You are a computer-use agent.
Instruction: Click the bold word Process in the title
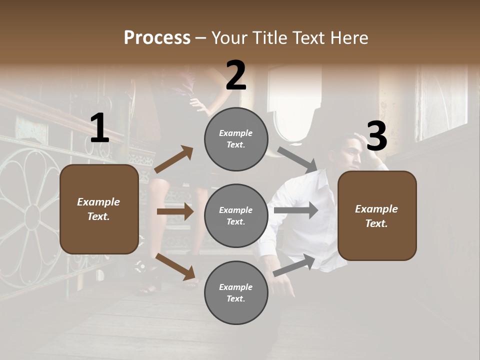point(157,38)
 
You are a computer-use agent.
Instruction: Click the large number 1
point(99,128)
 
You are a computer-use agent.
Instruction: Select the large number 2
point(236,75)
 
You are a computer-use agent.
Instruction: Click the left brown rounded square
point(99,209)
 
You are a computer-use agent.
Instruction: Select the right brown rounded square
point(377,215)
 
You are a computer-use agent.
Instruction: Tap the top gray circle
point(236,139)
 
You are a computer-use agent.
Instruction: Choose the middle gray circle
point(236,215)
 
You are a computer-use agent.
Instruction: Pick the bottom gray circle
point(236,292)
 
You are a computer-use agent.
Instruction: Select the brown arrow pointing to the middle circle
point(175,212)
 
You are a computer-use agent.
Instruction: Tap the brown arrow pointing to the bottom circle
point(175,266)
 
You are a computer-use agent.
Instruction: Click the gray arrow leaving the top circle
point(297,159)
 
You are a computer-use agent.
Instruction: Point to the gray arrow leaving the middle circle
point(295,210)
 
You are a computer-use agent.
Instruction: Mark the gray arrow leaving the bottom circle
point(294,265)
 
